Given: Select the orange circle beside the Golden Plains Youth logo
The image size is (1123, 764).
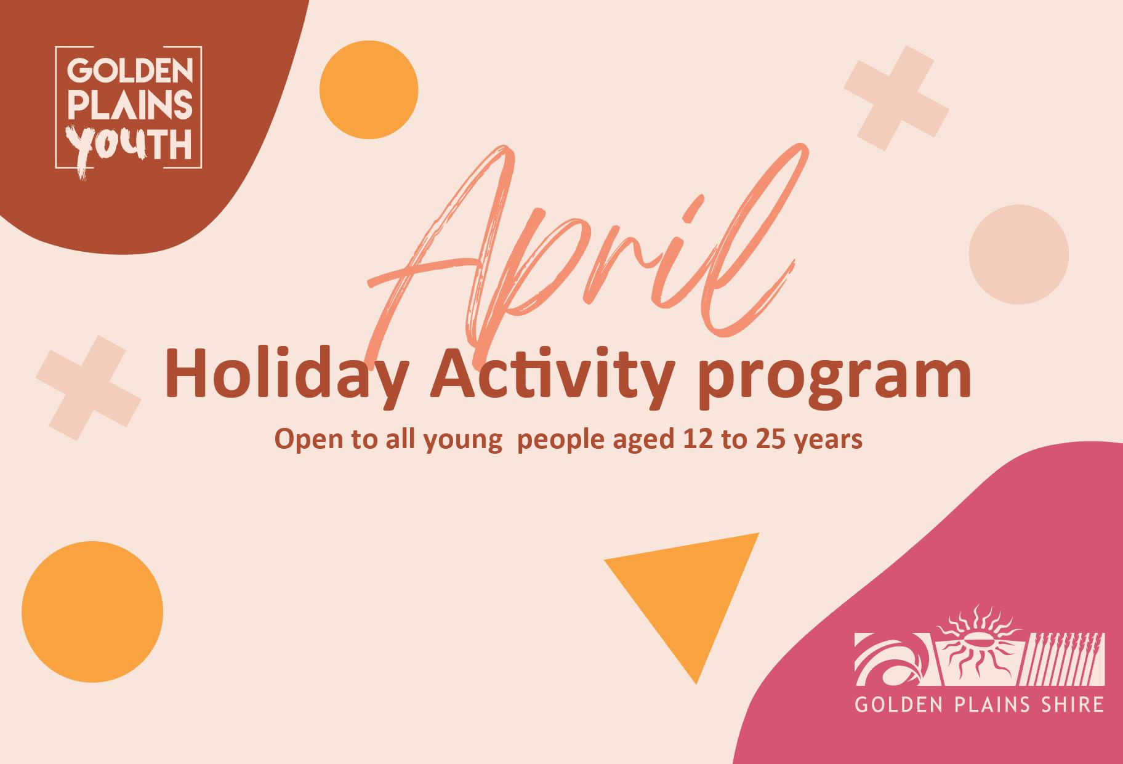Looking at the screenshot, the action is point(369,90).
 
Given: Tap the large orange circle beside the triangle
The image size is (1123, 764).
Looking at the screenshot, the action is point(92,612).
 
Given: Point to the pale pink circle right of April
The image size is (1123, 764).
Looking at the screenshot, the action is point(1018,254).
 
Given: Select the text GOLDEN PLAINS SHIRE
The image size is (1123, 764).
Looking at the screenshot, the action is point(979,704).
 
